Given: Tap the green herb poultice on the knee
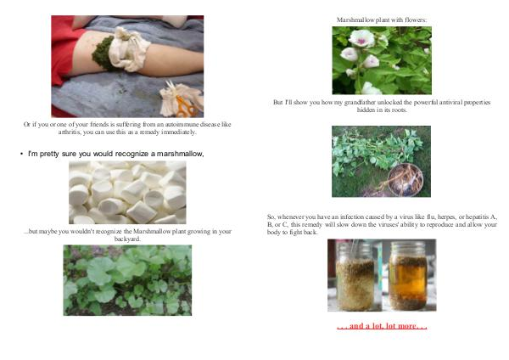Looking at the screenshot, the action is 103,54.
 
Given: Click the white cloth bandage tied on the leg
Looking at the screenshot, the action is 128,49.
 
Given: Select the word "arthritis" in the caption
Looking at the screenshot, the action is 70,132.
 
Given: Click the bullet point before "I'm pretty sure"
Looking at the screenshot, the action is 21,154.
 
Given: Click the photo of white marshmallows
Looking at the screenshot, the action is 127,193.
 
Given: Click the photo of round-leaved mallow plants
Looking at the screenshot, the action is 127,280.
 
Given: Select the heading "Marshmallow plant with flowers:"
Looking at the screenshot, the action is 382,20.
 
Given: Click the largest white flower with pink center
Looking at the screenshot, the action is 361,38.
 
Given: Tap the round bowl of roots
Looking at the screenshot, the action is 406,180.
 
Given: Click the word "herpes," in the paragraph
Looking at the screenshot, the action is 446,217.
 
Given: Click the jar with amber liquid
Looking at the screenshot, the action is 408,276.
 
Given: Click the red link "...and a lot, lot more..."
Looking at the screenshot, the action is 382,325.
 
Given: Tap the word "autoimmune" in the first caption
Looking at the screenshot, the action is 182,125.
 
